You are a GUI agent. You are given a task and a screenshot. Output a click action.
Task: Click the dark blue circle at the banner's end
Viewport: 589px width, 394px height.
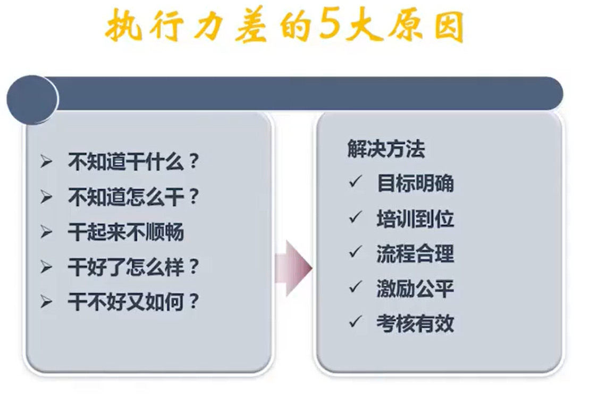tap(32, 100)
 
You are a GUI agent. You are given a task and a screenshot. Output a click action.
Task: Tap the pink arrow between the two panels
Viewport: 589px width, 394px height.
tap(294, 268)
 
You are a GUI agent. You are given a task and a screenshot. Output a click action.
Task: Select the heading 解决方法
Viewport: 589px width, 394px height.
tap(386, 149)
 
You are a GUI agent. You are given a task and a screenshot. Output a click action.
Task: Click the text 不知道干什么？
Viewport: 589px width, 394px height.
tap(133, 162)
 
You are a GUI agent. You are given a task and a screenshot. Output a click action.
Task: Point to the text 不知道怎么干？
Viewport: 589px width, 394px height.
tap(133, 197)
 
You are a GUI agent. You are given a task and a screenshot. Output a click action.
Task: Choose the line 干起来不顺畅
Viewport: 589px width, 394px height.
tap(126, 232)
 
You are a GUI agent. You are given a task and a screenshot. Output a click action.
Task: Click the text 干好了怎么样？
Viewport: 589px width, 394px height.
tap(133, 267)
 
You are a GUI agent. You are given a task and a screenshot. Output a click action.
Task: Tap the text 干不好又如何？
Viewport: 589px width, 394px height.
tap(133, 302)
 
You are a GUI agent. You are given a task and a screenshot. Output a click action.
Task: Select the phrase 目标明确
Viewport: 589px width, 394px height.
tap(416, 183)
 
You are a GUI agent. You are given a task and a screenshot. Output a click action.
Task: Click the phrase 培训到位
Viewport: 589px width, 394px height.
tap(416, 219)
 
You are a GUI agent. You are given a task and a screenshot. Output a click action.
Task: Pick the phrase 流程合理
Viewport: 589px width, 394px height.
tap(416, 253)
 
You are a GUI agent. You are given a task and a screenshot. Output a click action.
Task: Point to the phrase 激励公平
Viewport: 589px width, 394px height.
tap(416, 289)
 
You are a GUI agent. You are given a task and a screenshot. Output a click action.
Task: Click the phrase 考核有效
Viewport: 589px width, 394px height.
tap(416, 324)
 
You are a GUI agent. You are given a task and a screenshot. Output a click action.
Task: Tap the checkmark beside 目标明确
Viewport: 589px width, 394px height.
tap(355, 181)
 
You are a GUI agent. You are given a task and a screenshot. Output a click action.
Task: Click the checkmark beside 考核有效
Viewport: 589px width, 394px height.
tap(355, 321)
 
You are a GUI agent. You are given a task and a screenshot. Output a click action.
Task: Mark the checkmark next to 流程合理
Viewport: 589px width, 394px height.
tap(355, 251)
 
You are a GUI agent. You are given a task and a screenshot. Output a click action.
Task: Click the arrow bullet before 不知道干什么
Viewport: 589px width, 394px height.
tap(46, 162)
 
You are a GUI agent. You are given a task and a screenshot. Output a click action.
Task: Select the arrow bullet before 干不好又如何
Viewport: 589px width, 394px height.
tap(46, 302)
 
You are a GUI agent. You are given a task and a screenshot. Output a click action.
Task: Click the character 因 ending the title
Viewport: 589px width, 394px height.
tap(449, 26)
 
